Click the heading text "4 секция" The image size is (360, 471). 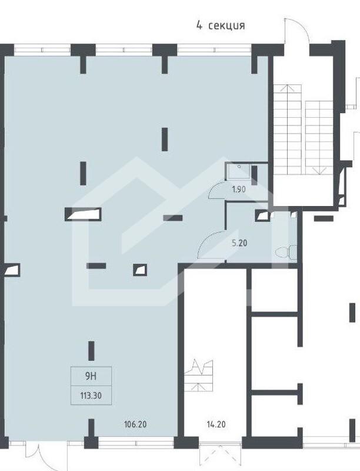click(x=221, y=25)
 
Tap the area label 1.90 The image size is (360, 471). click(x=239, y=190)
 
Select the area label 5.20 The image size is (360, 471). click(x=239, y=243)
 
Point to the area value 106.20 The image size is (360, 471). click(x=135, y=424)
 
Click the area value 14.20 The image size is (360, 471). click(x=216, y=424)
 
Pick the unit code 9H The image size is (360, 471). click(x=91, y=376)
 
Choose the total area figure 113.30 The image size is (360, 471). click(x=91, y=396)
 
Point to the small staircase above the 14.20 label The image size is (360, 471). click(x=199, y=376)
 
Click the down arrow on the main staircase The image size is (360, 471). click(x=319, y=171)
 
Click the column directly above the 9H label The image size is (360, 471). click(x=91, y=350)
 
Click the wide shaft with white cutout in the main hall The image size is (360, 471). click(x=83, y=214)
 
